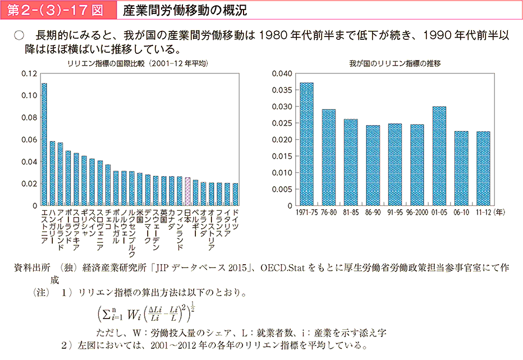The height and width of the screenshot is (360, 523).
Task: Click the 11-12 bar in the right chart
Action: pyautogui.click(x=483, y=168)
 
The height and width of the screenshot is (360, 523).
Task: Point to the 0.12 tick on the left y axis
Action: pyautogui.click(x=30, y=73)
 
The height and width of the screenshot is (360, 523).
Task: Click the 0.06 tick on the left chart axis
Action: pyautogui.click(x=30, y=140)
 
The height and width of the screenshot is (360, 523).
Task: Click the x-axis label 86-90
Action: pyautogui.click(x=373, y=213)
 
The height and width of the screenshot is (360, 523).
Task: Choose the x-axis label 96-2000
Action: pyautogui.click(x=417, y=213)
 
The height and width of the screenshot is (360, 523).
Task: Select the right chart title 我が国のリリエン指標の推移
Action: pyautogui.click(x=394, y=63)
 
